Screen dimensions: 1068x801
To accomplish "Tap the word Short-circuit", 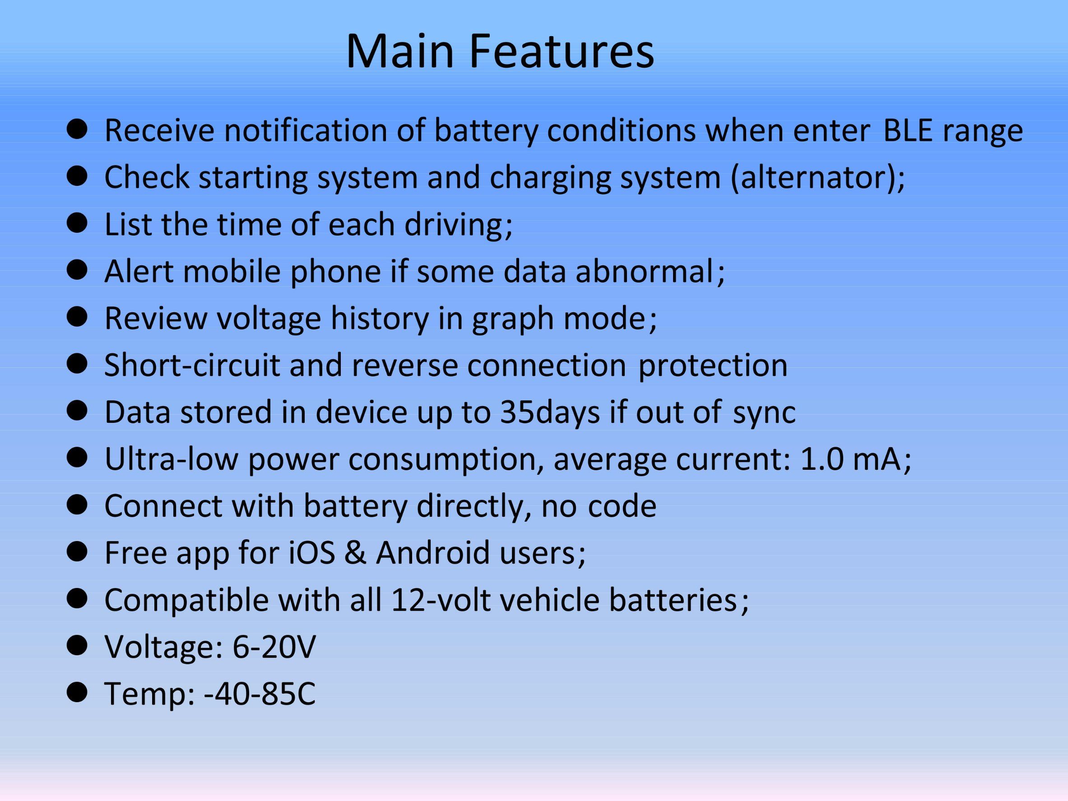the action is pos(192,365).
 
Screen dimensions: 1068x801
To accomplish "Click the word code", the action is pos(622,506).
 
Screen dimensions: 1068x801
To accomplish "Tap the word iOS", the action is pos(312,553).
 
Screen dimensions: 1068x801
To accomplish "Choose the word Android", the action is pos(433,553).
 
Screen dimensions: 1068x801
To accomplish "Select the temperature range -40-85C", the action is pos(260,694).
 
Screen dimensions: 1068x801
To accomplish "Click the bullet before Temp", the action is pos(77,694).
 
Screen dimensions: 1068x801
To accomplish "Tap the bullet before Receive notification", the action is pos(77,130).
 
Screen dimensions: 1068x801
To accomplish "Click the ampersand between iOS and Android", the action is pos(355,553).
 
